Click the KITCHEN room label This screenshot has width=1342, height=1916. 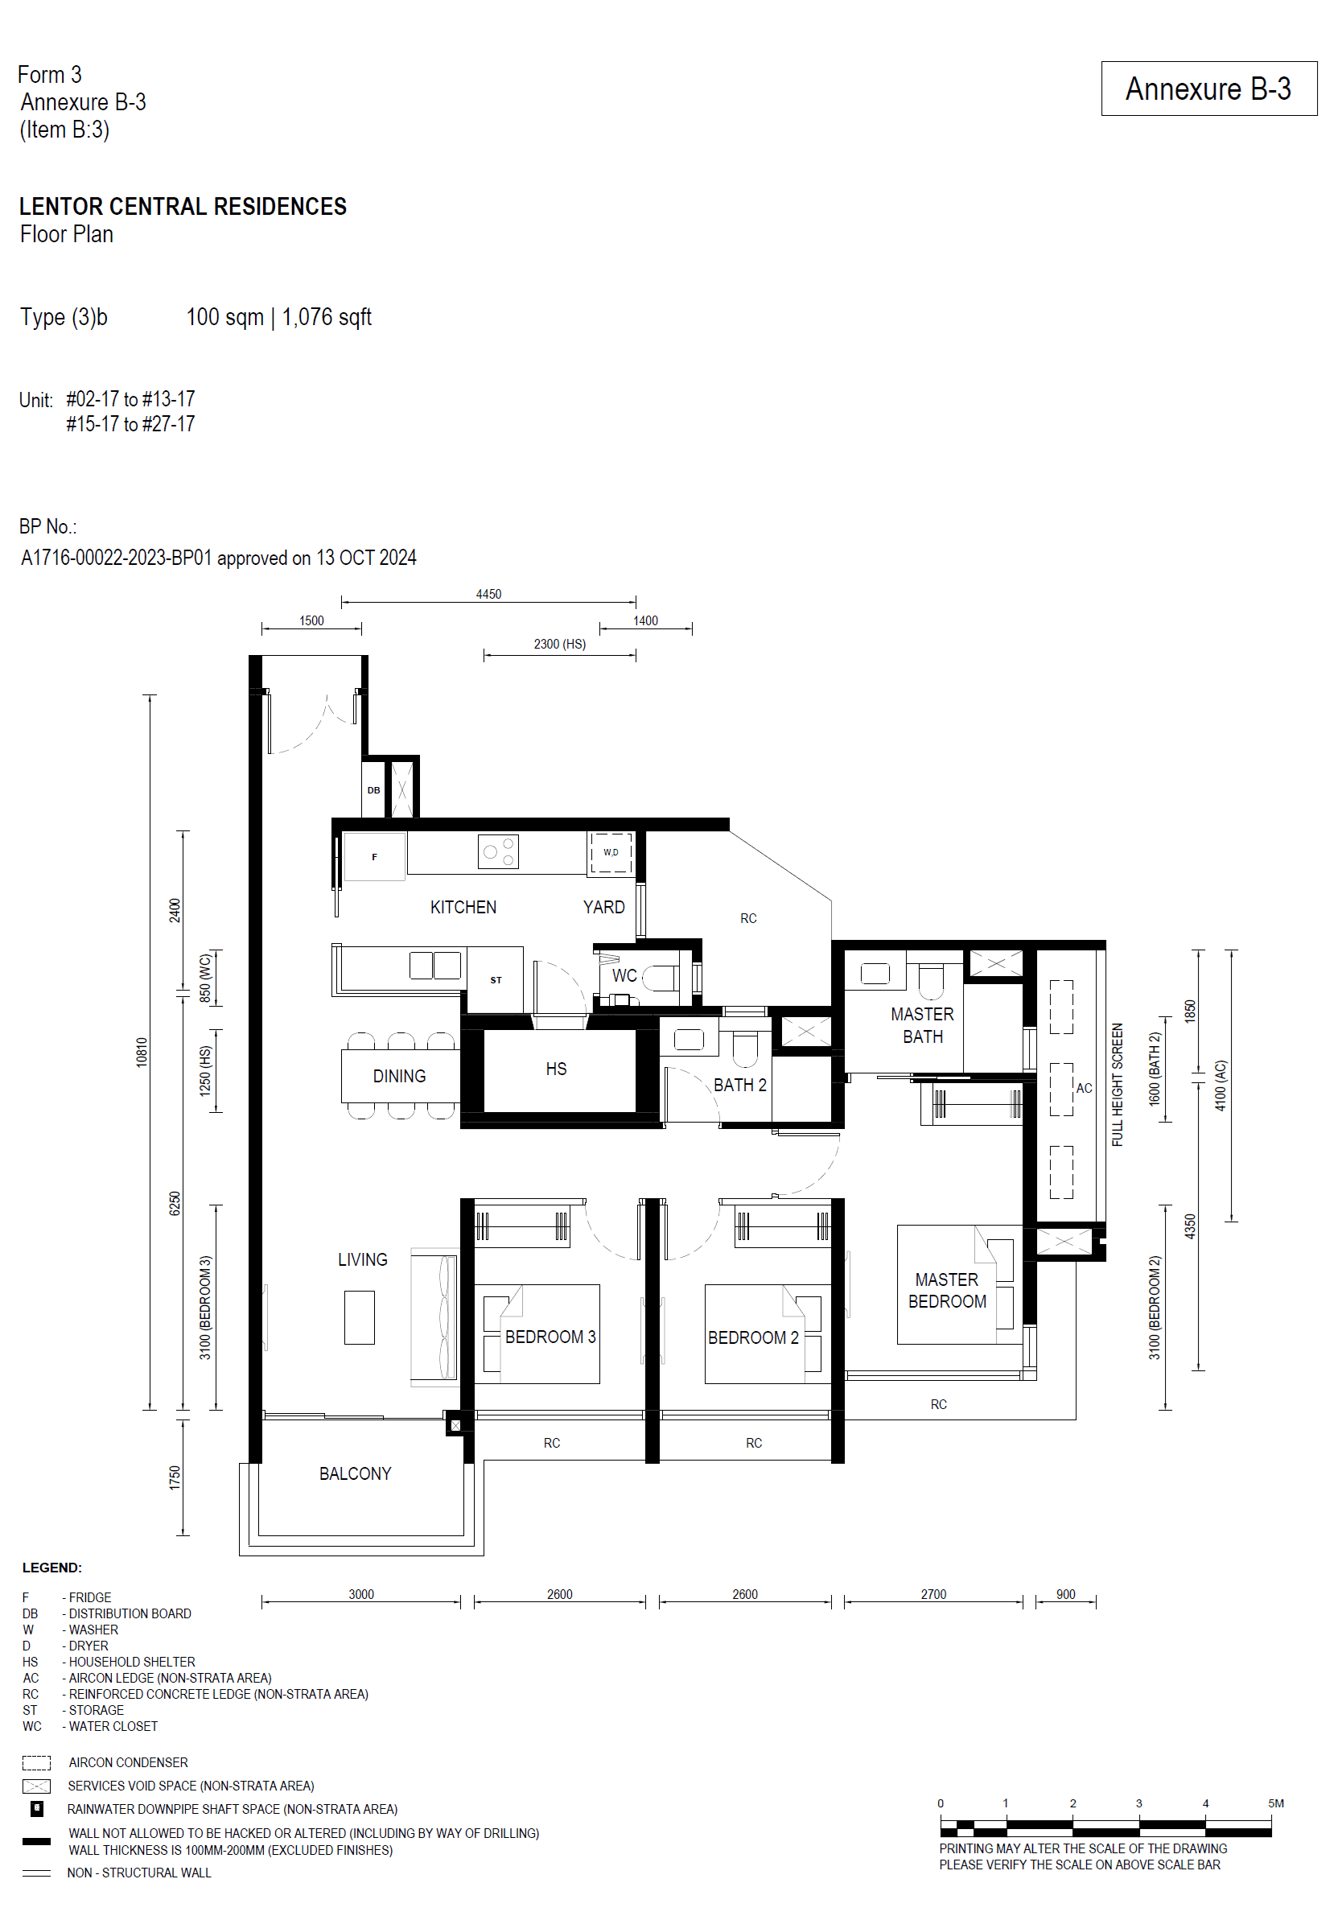pyautogui.click(x=463, y=907)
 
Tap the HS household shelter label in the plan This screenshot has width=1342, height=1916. pyautogui.click(x=556, y=1069)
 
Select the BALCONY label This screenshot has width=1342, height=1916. pyautogui.click(x=355, y=1473)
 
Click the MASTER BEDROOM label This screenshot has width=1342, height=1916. pyautogui.click(x=946, y=1290)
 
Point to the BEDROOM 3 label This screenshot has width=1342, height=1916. pyautogui.click(x=550, y=1337)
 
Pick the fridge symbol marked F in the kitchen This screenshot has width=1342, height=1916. pyautogui.click(x=374, y=857)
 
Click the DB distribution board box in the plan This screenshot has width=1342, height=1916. pyautogui.click(x=373, y=790)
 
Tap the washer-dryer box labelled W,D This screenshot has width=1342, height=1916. pyautogui.click(x=611, y=853)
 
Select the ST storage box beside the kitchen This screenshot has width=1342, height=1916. pyautogui.click(x=496, y=980)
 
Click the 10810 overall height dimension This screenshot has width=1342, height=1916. pyautogui.click(x=142, y=1052)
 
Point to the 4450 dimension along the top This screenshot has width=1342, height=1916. pyautogui.click(x=488, y=594)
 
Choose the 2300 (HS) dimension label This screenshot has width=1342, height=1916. pyautogui.click(x=559, y=645)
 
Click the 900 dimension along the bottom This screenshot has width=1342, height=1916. pyautogui.click(x=1065, y=1594)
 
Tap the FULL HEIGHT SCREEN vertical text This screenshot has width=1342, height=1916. pyautogui.click(x=1118, y=1084)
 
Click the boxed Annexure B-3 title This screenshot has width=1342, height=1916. pyautogui.click(x=1208, y=89)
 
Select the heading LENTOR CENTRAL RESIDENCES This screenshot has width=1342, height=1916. pyautogui.click(x=183, y=206)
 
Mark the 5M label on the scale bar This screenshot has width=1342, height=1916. pyautogui.click(x=1275, y=1803)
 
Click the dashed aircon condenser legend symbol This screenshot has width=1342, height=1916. pyautogui.click(x=36, y=1763)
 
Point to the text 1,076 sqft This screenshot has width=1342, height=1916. pyautogui.click(x=327, y=317)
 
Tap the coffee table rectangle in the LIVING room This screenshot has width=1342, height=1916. pyautogui.click(x=359, y=1317)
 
